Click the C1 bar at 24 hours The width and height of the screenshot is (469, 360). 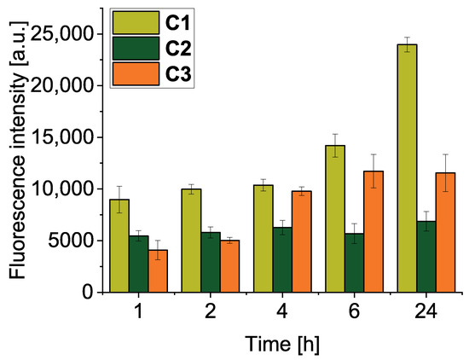[x=407, y=168]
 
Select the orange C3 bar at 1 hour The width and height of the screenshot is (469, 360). [x=158, y=271]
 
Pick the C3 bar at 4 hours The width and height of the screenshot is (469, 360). [x=302, y=241]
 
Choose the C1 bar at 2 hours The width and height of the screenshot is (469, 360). [x=191, y=241]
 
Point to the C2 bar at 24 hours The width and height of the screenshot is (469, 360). [x=426, y=257]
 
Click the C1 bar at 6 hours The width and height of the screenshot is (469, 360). [x=335, y=218]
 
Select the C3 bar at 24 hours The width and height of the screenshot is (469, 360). [x=445, y=233]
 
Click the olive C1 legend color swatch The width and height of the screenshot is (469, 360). [x=136, y=23]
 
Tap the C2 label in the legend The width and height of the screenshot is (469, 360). [x=178, y=49]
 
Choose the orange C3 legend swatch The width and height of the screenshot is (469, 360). [x=136, y=74]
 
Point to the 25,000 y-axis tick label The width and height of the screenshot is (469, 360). [x=62, y=34]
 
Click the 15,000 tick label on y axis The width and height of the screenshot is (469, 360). [x=62, y=137]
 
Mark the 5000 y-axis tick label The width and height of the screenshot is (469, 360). [x=71, y=241]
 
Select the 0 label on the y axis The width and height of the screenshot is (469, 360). [x=88, y=293]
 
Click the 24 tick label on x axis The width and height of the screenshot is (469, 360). [x=426, y=312]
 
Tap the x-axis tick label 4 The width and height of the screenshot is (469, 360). [x=282, y=312]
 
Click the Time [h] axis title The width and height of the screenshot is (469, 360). [x=282, y=344]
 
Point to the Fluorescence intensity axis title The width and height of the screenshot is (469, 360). [x=18, y=150]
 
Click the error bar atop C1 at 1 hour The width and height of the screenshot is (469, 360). [x=119, y=200]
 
